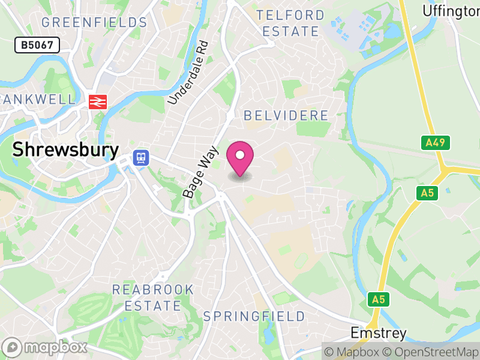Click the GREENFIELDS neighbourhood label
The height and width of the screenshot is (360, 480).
94,23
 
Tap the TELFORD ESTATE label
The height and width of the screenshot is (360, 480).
290,23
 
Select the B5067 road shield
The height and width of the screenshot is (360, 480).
37,45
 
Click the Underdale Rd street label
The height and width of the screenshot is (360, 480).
188,73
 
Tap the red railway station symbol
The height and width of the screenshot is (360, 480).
97,102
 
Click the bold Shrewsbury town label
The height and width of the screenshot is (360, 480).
66,150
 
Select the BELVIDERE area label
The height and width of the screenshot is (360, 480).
286,116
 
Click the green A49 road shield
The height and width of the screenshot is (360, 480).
435,143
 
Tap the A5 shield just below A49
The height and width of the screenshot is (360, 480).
427,193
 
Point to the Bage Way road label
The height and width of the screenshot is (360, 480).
201,174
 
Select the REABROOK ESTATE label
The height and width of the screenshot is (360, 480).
153,298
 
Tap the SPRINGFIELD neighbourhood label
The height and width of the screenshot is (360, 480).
254,316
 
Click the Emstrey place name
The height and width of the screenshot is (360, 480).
379,333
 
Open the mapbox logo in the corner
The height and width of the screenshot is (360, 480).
46,347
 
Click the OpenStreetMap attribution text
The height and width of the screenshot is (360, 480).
431,352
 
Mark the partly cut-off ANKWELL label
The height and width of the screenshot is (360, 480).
38,99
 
